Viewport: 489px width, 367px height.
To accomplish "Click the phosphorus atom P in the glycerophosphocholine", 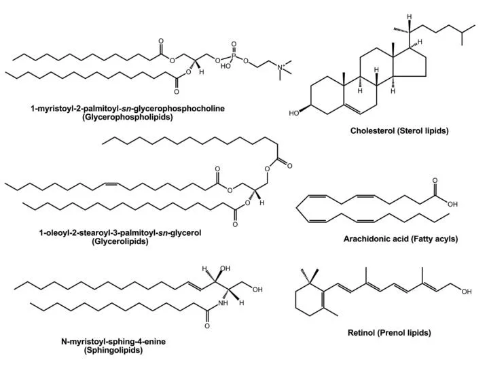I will [x=235, y=56].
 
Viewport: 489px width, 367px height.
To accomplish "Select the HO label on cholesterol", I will [x=294, y=113].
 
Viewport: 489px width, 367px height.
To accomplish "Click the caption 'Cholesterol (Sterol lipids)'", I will [x=399, y=130].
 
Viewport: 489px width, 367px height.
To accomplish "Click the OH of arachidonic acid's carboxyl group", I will [x=452, y=203].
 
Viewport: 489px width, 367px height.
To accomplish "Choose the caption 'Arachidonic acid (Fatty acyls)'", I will [x=401, y=239].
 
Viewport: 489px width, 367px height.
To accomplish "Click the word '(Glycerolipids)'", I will [x=120, y=241].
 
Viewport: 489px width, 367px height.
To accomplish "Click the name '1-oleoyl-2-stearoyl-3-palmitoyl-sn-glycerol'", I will [x=120, y=232].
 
